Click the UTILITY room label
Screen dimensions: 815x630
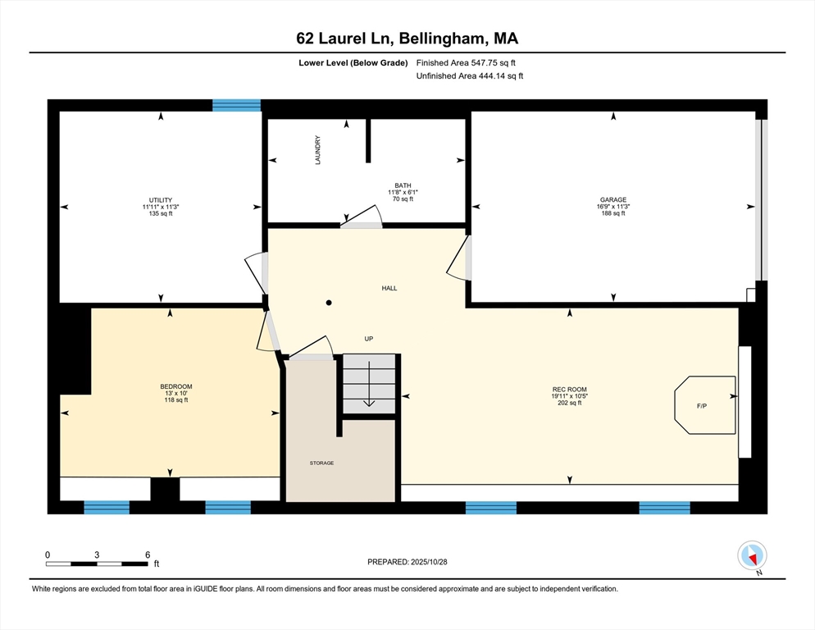[x=161, y=200]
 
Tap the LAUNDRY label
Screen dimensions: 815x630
[x=317, y=150]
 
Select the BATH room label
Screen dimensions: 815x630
[x=403, y=185]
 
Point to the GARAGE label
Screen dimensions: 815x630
[x=613, y=200]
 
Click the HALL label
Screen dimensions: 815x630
[x=389, y=288]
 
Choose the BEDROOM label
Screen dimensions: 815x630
[x=176, y=386]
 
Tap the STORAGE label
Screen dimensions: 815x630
[x=321, y=463]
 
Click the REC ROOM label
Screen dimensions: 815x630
[x=570, y=390]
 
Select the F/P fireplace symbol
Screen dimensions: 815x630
[x=705, y=404]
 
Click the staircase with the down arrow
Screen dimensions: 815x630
[x=369, y=384]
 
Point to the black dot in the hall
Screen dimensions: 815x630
[x=329, y=303]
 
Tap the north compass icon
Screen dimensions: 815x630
[x=752, y=555]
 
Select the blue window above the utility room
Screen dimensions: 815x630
[x=236, y=105]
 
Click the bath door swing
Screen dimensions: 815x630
[x=362, y=217]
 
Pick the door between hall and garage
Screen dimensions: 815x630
[x=459, y=258]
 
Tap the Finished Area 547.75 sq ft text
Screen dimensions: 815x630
[x=466, y=63]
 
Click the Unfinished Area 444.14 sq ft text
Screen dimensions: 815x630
[x=470, y=76]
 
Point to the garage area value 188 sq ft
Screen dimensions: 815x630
[x=613, y=213]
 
